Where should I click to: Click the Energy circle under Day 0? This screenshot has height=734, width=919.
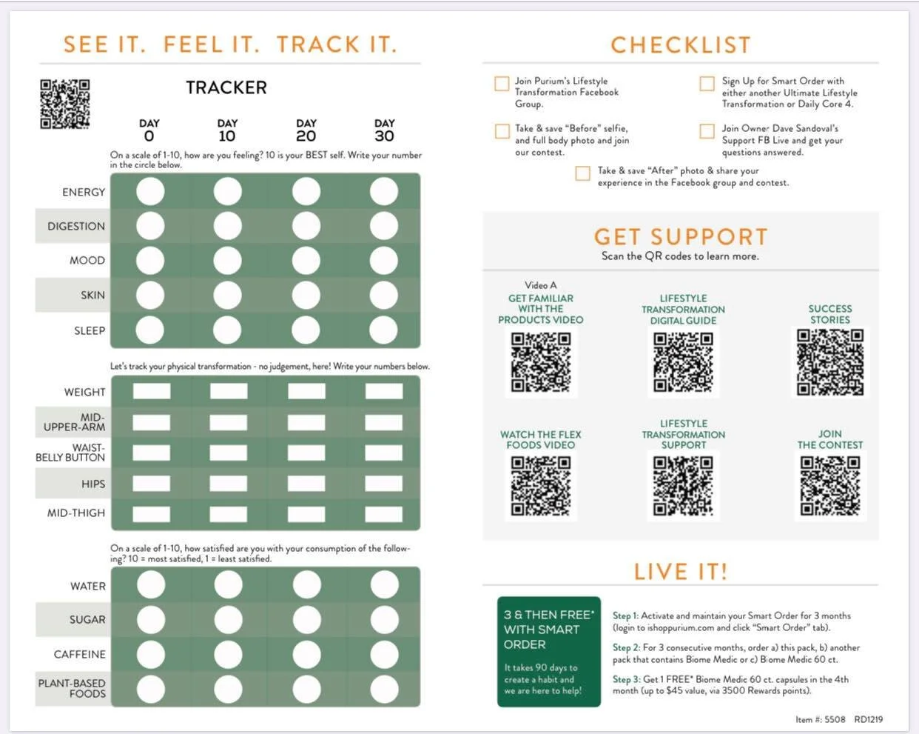[x=150, y=191]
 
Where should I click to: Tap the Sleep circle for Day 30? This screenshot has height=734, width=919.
[x=383, y=330]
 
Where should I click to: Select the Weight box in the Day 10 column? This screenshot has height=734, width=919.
[x=229, y=391]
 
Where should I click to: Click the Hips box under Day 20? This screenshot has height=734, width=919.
[x=306, y=484]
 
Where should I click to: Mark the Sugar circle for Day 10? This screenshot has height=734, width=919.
[x=228, y=619]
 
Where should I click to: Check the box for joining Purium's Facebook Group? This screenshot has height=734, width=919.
[x=502, y=84]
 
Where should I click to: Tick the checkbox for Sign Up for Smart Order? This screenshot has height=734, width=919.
[x=707, y=84]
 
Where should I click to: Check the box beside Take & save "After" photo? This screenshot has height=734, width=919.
[x=582, y=173]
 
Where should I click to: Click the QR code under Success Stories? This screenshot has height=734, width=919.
[x=829, y=362]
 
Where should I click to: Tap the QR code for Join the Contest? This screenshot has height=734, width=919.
[x=829, y=486]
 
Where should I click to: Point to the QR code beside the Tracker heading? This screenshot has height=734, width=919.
[x=65, y=104]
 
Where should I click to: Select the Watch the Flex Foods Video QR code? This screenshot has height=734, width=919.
[x=541, y=486]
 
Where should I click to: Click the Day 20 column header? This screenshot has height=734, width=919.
[x=306, y=131]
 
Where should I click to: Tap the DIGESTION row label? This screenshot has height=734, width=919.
[x=76, y=226]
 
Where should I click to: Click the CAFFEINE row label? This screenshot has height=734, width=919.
[x=79, y=654]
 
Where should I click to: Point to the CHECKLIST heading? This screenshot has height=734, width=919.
[x=681, y=45]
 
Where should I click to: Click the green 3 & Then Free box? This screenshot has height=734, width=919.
[x=549, y=652]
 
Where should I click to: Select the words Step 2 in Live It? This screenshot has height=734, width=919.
[x=625, y=647]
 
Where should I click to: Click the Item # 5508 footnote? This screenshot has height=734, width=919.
[x=821, y=719]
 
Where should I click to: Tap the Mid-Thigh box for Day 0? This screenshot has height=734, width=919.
[x=151, y=514]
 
